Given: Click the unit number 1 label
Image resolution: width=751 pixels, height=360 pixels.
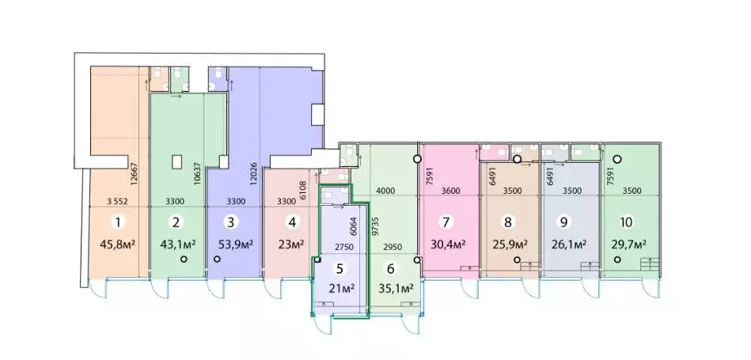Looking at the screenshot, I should (117, 223).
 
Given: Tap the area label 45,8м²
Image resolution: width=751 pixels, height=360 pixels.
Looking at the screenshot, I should (118, 244).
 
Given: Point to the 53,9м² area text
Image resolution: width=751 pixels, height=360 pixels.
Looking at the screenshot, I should (235, 244).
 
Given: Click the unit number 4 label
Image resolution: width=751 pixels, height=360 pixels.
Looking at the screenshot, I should (292, 223).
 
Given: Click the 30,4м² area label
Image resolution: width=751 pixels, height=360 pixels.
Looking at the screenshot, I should (448, 244).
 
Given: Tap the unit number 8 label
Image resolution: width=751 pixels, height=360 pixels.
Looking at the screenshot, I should (507, 223).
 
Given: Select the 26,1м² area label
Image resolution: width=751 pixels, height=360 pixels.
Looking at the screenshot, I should (567, 244).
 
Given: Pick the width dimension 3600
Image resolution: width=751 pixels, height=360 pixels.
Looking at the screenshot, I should (449, 191).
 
